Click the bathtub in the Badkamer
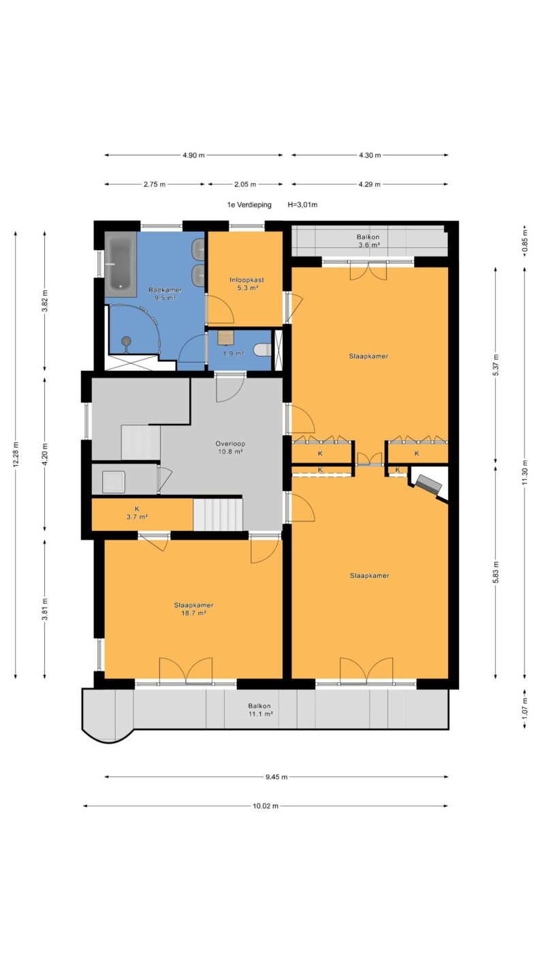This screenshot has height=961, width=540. coord(121,264)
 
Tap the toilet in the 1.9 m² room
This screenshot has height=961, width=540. coord(262,350)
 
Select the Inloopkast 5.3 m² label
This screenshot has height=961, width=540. coord(247,284)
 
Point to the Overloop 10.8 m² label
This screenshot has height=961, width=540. coord(230,448)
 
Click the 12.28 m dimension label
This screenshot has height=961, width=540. coord(16,455)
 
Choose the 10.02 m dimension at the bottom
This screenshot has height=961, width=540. coord(266,806)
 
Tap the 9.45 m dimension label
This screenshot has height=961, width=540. coord(276,776)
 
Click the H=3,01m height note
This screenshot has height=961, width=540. coord(302,204)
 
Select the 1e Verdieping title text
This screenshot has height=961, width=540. coord(249,204)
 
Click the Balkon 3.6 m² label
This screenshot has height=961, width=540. coord(368,241)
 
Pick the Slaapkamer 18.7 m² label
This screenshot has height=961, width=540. coord(193,609)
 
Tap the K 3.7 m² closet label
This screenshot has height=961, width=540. coord(137,513)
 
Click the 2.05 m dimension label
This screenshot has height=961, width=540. coord(244,185)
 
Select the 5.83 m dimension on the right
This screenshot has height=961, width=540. coord(496,573)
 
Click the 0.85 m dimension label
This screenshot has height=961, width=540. coord(524,245)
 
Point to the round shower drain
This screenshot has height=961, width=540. coord(126,341)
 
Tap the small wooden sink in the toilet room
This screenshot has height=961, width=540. coord(225,337)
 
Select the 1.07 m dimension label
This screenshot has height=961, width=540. coord(524,709)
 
